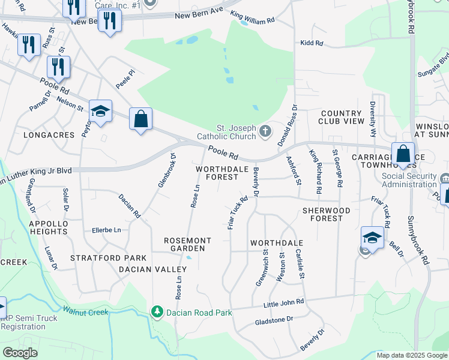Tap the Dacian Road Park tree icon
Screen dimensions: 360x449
click(x=157, y=312)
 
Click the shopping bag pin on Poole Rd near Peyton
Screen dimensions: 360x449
click(x=140, y=118)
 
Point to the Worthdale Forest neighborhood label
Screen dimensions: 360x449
click(x=222, y=173)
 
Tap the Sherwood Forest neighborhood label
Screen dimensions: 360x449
click(x=326, y=214)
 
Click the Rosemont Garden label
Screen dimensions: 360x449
click(x=188, y=244)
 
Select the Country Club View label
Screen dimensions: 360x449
click(x=342, y=117)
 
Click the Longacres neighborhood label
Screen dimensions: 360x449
click(x=48, y=135)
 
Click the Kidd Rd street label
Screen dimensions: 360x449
click(x=312, y=43)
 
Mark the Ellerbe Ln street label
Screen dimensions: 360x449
click(x=106, y=230)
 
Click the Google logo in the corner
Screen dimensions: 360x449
click(x=20, y=353)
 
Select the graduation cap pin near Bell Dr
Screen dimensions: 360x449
click(x=372, y=238)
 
